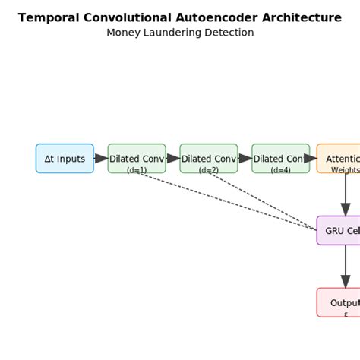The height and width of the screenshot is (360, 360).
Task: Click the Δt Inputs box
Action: point(65,159)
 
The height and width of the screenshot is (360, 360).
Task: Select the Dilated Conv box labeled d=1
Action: point(137,158)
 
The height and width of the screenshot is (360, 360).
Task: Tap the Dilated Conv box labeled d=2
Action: point(209,158)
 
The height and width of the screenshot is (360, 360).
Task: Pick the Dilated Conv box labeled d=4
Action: point(280,158)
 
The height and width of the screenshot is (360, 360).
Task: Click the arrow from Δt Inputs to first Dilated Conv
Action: point(101,159)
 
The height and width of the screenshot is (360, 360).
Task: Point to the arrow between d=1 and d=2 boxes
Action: point(173,159)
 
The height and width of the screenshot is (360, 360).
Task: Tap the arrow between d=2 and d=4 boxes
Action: point(245,159)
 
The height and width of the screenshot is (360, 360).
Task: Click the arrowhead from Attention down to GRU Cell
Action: point(346,209)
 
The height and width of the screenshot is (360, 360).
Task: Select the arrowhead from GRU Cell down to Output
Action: point(346,281)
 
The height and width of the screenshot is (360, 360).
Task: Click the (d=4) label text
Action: point(280,170)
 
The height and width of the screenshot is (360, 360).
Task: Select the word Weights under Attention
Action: point(346,170)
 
